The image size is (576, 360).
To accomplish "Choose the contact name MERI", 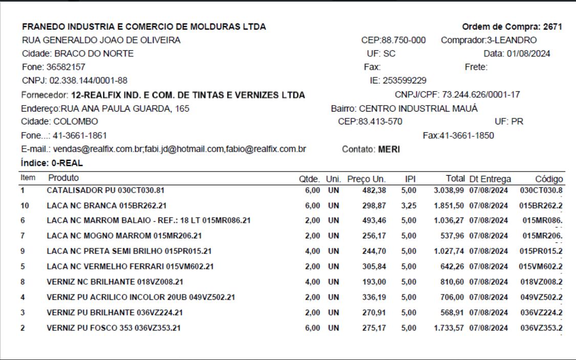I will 389,150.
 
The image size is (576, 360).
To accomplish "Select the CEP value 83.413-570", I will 381,122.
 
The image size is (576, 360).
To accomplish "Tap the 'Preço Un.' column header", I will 367,179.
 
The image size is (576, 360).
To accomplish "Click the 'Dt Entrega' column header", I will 490,179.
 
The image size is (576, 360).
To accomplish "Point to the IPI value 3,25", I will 409,205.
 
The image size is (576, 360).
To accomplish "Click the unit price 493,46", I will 374,221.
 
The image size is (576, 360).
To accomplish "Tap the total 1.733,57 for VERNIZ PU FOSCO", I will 449,328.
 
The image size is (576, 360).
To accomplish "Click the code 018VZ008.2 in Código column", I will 542,282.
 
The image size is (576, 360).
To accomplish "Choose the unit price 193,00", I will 374,282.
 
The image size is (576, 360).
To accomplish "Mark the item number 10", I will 25,205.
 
